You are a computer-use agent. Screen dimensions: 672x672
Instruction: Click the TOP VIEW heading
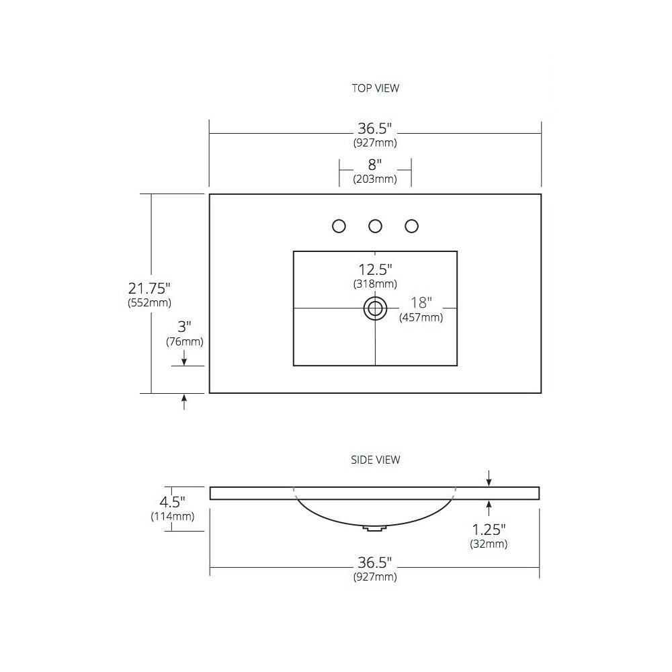coord(375,88)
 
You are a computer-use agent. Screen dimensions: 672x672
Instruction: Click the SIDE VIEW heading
coord(375,460)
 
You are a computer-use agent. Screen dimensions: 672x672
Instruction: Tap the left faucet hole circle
coord(339,226)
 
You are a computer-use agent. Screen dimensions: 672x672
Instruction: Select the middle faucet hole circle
coord(375,226)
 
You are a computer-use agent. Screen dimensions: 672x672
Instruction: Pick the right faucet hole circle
coord(411,226)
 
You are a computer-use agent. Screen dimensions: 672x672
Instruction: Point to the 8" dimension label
coord(374,165)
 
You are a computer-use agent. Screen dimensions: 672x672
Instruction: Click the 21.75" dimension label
coord(149,288)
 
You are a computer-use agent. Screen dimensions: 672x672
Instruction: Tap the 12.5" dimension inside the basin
coord(375,269)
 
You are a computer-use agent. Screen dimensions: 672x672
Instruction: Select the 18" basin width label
coord(421,302)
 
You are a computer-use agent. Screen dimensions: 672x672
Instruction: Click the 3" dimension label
coord(184,327)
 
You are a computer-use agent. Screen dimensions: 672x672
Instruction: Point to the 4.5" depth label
coord(172,501)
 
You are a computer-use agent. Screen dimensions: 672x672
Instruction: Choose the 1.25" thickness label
coord(489,530)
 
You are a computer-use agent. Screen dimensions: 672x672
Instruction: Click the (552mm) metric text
coord(149,302)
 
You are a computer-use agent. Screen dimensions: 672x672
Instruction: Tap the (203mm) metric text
coord(375,179)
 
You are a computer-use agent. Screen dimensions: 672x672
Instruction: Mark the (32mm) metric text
coord(489,544)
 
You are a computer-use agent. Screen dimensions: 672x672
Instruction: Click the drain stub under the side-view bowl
coord(374,528)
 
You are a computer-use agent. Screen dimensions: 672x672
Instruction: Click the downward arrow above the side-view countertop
coord(489,478)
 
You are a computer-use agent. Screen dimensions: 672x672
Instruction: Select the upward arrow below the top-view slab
coord(184,402)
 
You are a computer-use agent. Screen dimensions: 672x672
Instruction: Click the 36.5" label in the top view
coord(375,128)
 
